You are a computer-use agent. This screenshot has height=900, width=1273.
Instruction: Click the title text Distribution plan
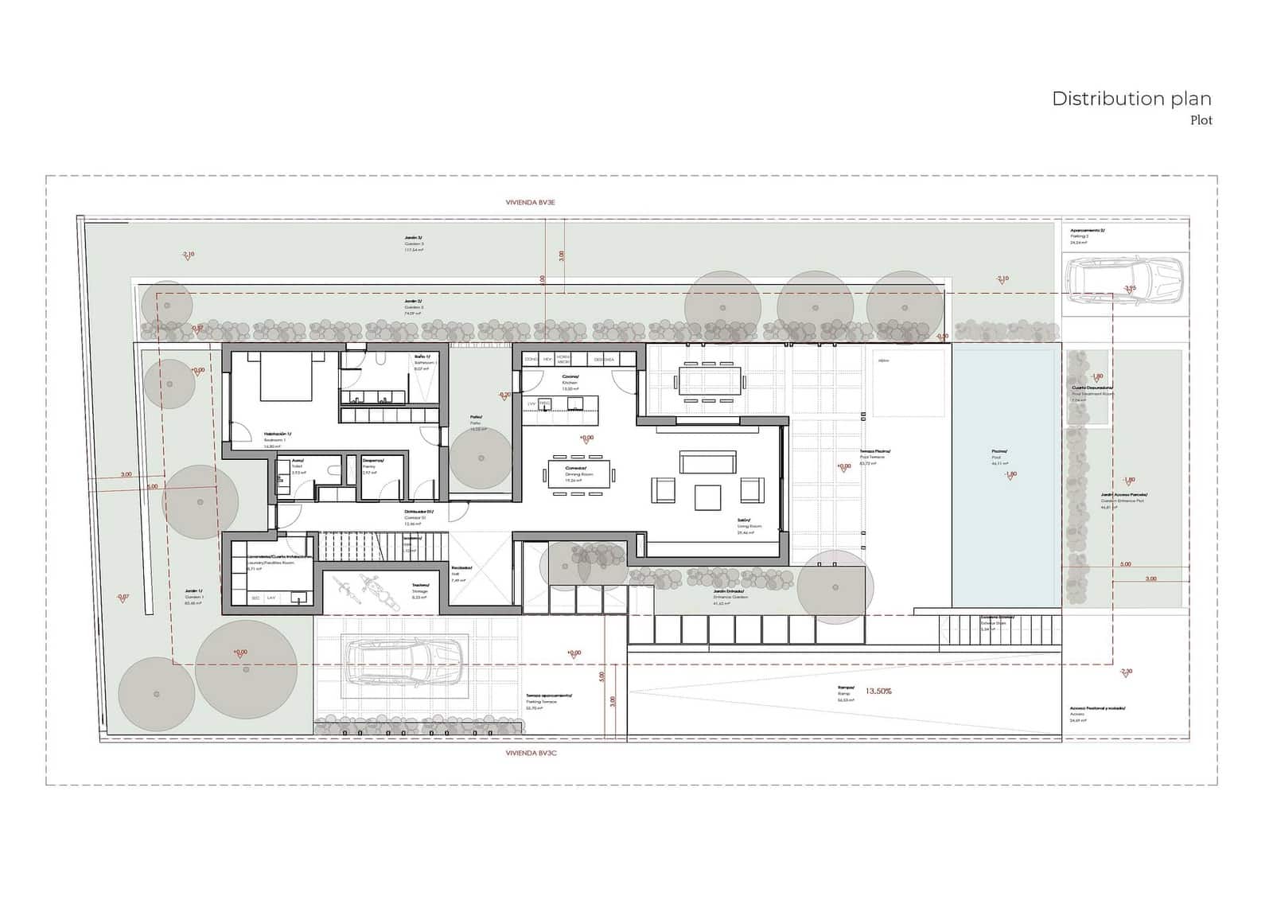(1131, 99)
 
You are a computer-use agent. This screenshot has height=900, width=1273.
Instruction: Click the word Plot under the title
(1201, 121)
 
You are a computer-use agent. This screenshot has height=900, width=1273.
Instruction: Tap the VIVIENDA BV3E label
(530, 203)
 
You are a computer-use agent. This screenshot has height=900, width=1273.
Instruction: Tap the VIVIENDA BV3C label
(531, 753)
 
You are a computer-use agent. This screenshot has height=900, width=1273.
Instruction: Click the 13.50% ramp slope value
(878, 692)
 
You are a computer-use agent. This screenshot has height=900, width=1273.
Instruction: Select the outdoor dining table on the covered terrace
(711, 380)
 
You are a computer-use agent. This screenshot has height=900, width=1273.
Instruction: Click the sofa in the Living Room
(707, 462)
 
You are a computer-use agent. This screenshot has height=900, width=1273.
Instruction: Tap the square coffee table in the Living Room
(707, 497)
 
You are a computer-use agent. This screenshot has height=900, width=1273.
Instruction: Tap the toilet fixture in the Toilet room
(282, 477)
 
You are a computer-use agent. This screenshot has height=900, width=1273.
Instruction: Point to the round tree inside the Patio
(481, 458)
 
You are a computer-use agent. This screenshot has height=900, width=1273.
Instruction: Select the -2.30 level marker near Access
(1125, 672)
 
